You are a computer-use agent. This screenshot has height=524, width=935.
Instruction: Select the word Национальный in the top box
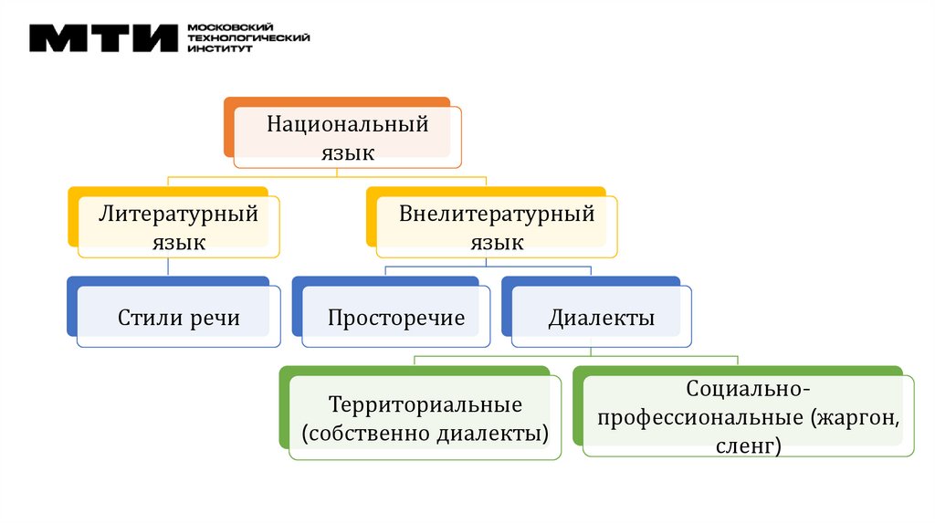pyautogui.click(x=347, y=124)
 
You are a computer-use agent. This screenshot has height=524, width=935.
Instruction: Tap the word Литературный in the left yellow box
pyautogui.click(x=178, y=215)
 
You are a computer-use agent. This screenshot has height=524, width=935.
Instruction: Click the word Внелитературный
pyautogui.click(x=497, y=215)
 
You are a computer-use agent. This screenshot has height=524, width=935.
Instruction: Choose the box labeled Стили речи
pyautogui.click(x=178, y=318)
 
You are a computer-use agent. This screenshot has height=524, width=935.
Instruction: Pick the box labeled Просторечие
pyautogui.click(x=396, y=318)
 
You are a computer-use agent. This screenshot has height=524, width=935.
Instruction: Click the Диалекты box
pyautogui.click(x=601, y=318)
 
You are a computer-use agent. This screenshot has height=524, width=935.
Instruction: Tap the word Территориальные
pyautogui.click(x=425, y=403)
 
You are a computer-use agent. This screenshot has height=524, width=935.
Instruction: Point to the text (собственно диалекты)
pyautogui.click(x=425, y=431)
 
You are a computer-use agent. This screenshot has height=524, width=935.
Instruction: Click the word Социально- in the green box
pyautogui.click(x=748, y=390)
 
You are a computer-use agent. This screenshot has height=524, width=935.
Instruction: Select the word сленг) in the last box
pyautogui.click(x=748, y=445)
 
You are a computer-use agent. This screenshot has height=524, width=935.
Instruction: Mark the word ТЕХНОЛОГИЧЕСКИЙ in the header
pyautogui.click(x=248, y=37)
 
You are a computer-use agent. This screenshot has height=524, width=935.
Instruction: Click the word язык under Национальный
pyautogui.click(x=347, y=152)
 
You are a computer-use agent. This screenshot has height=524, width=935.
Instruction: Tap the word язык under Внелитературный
pyautogui.click(x=497, y=243)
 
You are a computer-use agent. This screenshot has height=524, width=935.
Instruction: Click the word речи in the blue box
pyautogui.click(x=215, y=318)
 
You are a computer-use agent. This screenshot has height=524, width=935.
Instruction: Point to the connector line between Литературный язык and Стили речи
pyautogui.click(x=169, y=267)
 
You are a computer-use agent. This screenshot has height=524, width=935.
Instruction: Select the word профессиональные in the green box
pyautogui.click(x=699, y=418)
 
